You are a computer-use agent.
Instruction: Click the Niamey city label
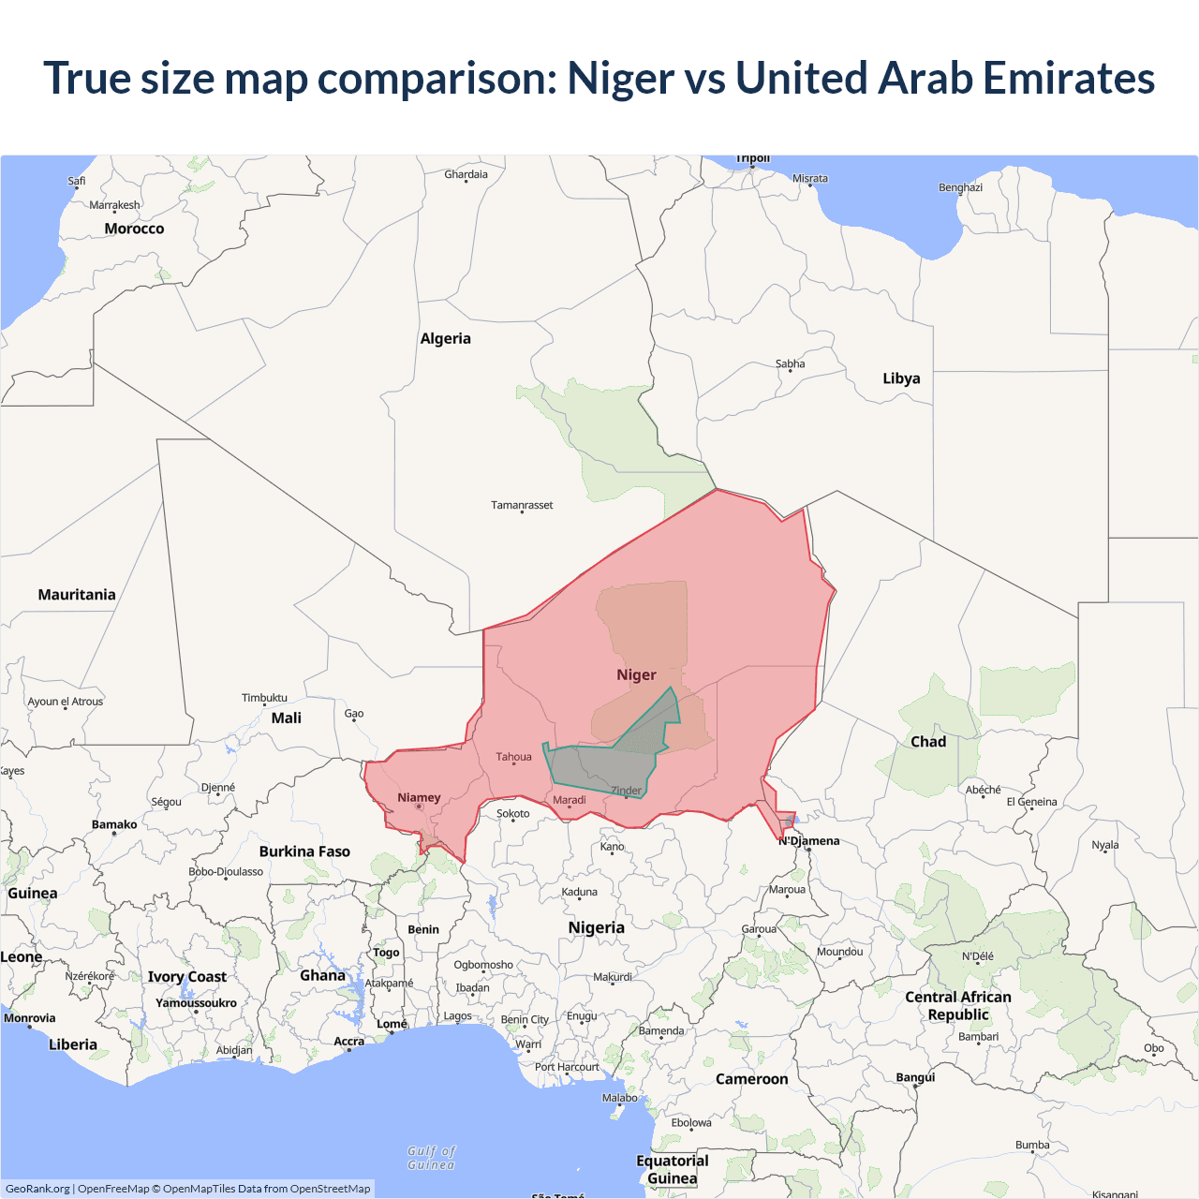[419, 798]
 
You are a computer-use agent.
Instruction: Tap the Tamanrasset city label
[522, 505]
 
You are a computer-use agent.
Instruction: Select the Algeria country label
[445, 339]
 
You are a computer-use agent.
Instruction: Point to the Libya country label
[901, 378]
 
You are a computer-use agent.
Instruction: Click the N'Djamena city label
[809, 841]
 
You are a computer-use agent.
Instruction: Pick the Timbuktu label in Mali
[264, 698]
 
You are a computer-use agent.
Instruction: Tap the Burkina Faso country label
[304, 851]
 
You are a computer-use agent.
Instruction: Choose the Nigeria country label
[596, 927]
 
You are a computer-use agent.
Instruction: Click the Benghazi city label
[960, 187]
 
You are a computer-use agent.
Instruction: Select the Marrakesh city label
[114, 205]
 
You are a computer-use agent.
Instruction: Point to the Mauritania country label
[77, 595]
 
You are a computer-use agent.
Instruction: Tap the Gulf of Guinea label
[431, 1158]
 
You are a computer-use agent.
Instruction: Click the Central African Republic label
[958, 1005]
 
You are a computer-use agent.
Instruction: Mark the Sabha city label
[790, 363]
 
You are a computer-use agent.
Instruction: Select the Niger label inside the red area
[636, 675]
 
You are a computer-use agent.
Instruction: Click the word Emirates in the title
[1069, 78]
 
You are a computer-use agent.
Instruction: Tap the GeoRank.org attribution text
[37, 1189]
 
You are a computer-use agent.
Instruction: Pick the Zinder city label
[627, 791]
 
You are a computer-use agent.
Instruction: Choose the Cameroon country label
[751, 1079]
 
